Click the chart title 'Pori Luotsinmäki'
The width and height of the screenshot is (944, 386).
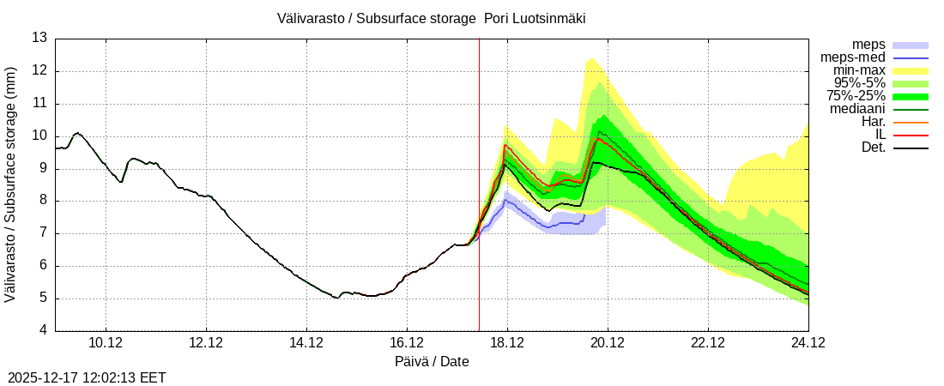(x=535, y=18)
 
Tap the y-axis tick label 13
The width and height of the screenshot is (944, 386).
(x=39, y=38)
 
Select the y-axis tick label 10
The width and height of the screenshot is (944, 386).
(x=39, y=136)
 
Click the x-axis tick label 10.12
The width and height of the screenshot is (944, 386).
(x=106, y=343)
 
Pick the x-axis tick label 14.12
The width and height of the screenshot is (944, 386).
(x=306, y=343)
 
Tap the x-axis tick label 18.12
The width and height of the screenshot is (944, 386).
(x=507, y=343)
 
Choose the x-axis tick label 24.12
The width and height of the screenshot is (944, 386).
(x=808, y=343)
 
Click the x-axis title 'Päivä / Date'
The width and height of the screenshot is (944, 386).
(x=432, y=362)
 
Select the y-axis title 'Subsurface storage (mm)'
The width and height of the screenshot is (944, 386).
(x=10, y=184)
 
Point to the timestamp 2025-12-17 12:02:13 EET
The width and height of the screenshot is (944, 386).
(x=87, y=377)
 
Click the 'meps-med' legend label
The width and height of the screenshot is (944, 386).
(x=847, y=57)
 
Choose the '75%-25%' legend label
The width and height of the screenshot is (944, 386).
(x=856, y=96)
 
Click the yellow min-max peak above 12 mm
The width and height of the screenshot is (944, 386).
(x=591, y=58)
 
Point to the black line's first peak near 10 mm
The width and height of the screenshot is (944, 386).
(x=77, y=133)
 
